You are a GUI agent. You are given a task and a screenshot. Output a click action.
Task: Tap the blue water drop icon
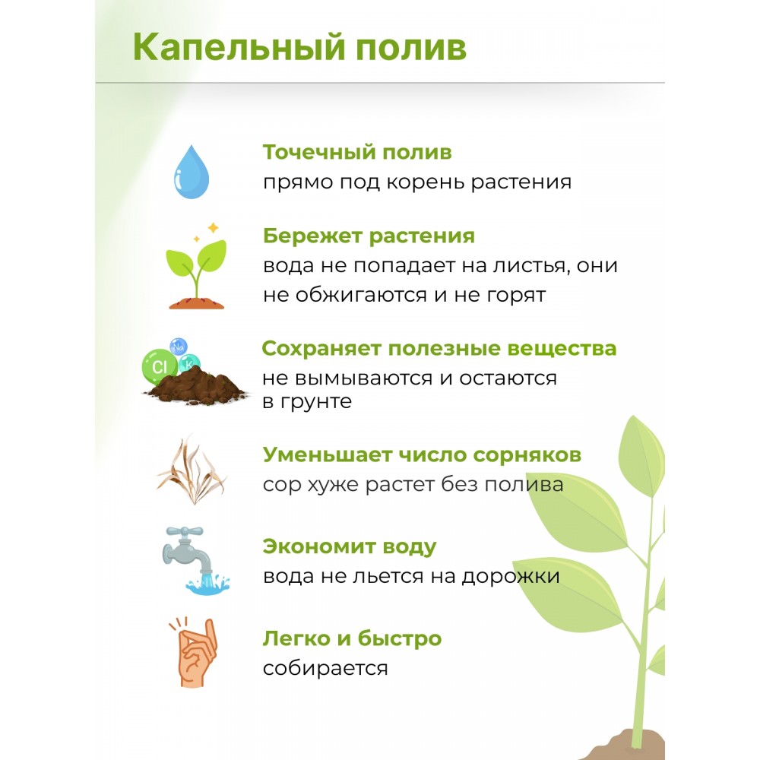pyautogui.click(x=192, y=172)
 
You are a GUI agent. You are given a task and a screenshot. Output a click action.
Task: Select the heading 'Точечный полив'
pyautogui.click(x=357, y=152)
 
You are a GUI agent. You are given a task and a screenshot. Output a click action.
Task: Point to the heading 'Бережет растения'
pyautogui.click(x=369, y=236)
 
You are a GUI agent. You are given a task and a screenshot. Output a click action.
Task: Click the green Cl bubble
pyautogui.click(x=159, y=366)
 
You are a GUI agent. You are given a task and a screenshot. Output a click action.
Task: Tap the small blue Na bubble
pyautogui.click(x=179, y=347)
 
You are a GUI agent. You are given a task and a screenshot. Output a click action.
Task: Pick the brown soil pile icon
pyautogui.click(x=196, y=385)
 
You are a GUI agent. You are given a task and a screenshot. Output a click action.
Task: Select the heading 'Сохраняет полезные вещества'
pyautogui.click(x=439, y=349)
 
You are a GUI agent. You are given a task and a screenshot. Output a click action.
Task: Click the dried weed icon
pyautogui.click(x=192, y=471)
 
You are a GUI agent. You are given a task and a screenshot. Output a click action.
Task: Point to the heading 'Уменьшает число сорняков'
pyautogui.click(x=422, y=454)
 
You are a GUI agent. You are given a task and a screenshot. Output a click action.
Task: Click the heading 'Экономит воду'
pyautogui.click(x=350, y=546)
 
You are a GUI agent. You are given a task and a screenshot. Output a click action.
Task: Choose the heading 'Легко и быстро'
pyautogui.click(x=353, y=638)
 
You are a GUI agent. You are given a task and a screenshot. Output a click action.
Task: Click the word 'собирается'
pyautogui.click(x=325, y=668)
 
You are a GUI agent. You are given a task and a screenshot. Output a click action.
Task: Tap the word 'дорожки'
pyautogui.click(x=511, y=577)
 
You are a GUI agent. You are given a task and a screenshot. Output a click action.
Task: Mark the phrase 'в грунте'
pyautogui.click(x=307, y=402)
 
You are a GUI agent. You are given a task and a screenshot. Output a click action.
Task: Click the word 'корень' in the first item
pyautogui.click(x=426, y=182)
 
